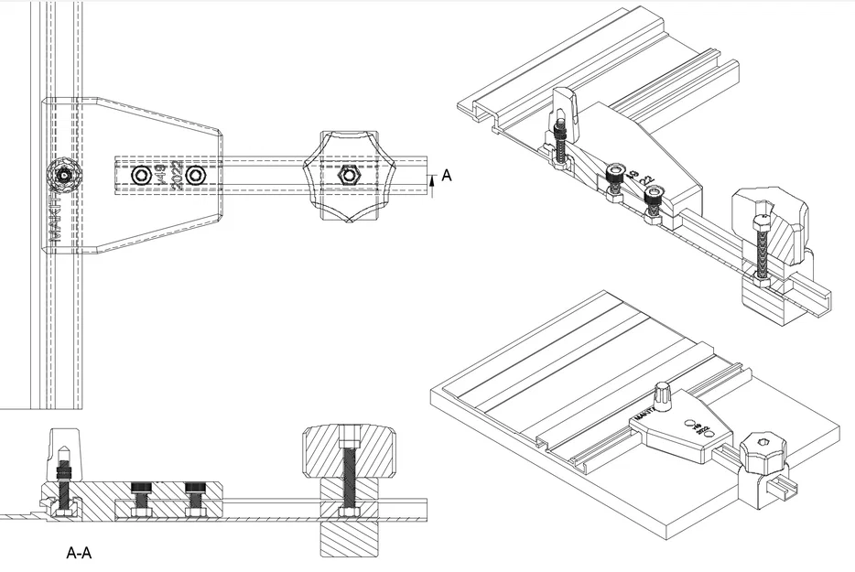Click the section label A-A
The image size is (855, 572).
pyautogui.click(x=80, y=553)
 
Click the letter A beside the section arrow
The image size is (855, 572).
pyautogui.click(x=447, y=176)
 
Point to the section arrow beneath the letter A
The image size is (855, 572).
pyautogui.click(x=431, y=187)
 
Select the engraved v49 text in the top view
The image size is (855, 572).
pyautogui.click(x=161, y=174)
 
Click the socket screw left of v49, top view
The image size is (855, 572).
pyautogui.click(x=141, y=175)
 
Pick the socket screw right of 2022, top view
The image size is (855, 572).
pyautogui.click(x=194, y=175)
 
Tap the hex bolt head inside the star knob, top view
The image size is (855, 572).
pyautogui.click(x=348, y=174)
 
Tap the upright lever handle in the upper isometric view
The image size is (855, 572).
pyautogui.click(x=565, y=110)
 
